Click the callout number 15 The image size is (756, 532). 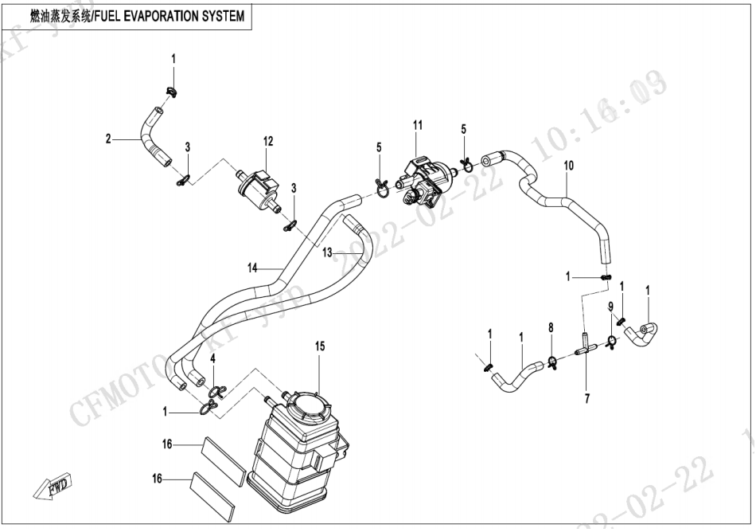tap(319, 346)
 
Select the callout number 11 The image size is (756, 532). tap(417, 125)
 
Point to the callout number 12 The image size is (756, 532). tap(268, 141)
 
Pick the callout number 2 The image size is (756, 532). tap(107, 139)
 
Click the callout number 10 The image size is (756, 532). tap(568, 166)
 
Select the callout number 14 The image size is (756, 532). tap(252, 268)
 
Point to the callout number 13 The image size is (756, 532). tap(328, 252)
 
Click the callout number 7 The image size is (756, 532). tap(586, 398)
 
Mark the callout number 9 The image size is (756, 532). tap(611, 307)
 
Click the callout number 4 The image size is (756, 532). tap(212, 359)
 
